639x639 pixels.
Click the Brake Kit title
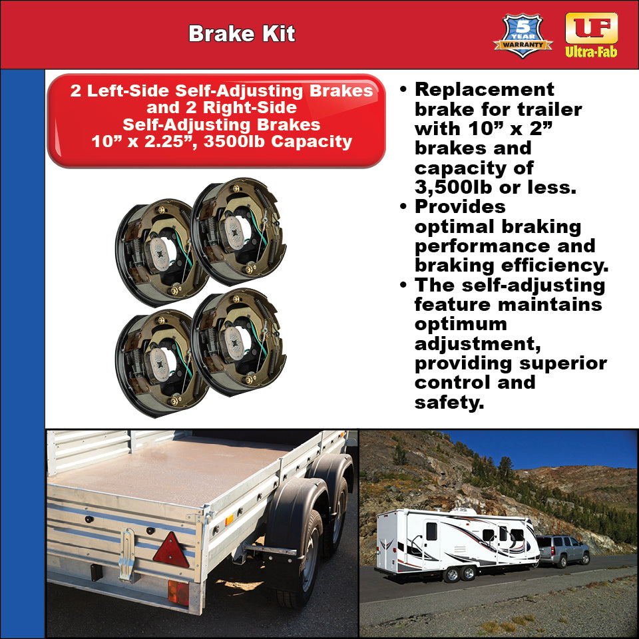click(241, 34)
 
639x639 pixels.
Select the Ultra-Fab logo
click(591, 35)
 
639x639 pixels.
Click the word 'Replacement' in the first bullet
click(484, 90)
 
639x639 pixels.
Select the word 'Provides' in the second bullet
click(460, 207)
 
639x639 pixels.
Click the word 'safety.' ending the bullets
click(448, 403)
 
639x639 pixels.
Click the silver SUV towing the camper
click(563, 550)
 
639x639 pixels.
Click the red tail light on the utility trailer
click(178, 592)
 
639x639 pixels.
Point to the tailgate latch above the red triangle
click(126, 546)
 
